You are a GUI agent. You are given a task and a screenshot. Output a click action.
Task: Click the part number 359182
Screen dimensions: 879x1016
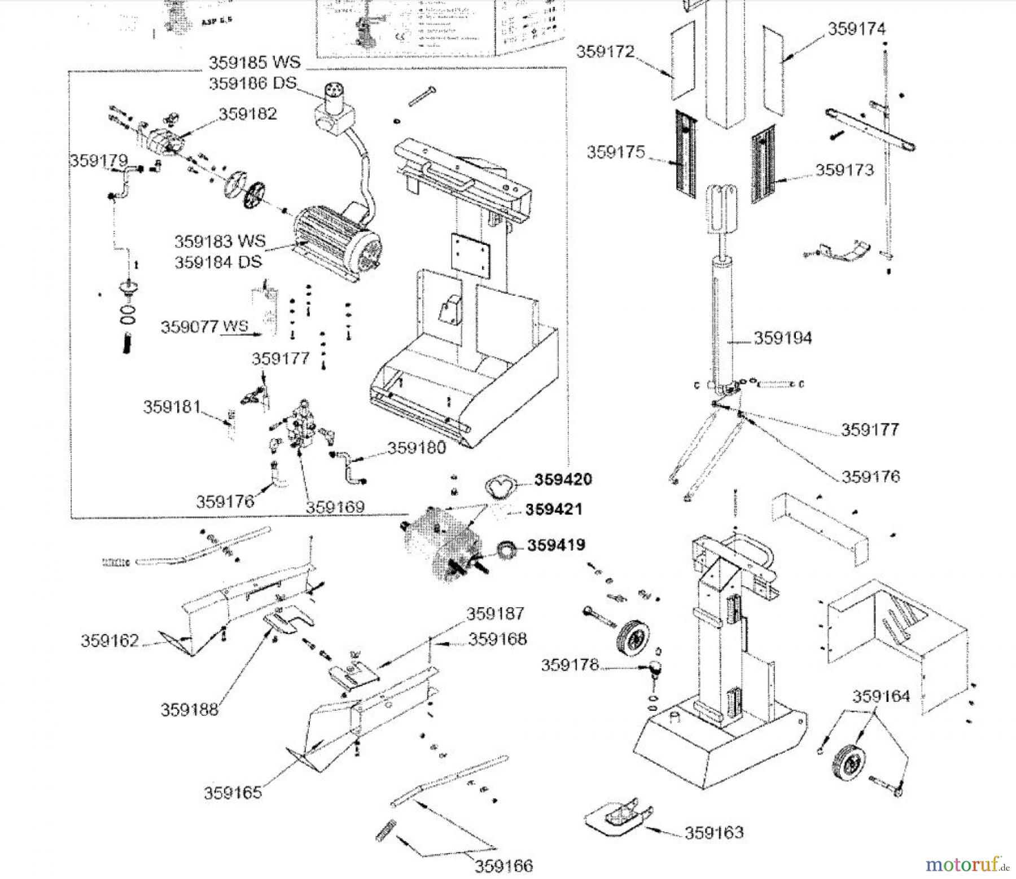coord(248,114)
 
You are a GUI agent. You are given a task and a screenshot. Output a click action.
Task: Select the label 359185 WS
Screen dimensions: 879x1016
coord(255,61)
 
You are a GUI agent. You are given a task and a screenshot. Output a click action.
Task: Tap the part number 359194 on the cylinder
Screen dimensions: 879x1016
coord(783,338)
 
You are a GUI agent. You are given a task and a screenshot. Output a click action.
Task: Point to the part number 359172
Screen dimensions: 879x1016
coord(605,52)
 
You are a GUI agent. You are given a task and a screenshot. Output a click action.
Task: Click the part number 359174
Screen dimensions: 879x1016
coord(856,29)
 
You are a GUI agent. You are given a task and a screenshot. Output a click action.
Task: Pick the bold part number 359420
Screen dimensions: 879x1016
coord(563,480)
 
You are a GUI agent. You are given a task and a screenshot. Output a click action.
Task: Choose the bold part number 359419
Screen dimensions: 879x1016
coord(556,545)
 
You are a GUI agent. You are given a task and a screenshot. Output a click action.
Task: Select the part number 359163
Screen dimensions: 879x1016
coord(714,832)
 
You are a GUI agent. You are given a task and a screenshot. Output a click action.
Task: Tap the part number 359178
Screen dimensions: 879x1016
coord(569,665)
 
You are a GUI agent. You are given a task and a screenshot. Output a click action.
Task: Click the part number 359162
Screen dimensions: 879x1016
coord(110,641)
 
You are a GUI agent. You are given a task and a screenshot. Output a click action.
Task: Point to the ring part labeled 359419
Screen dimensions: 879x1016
coord(506,549)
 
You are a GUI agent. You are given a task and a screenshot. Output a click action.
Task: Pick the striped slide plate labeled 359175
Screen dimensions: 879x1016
coord(685,153)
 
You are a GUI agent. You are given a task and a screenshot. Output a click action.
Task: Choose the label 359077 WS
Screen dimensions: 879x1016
coord(204,327)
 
